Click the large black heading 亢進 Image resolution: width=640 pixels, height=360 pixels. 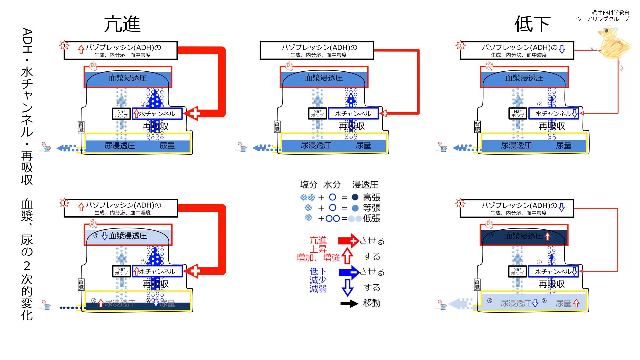click(122, 24)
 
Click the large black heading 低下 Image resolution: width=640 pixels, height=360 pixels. click(532, 24)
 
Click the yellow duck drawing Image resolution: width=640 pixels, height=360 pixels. click(613, 43)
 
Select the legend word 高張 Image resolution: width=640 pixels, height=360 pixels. click(371, 197)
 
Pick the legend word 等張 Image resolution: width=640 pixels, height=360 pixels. click(371, 208)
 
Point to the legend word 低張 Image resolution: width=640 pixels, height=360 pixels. click(371, 218)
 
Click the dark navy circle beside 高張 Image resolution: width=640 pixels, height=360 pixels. click(355, 197)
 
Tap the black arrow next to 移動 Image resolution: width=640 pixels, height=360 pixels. click(349, 303)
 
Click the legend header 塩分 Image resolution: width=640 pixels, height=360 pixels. click(308, 185)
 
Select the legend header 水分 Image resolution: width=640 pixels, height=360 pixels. click(332, 185)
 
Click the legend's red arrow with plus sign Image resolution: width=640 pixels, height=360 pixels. click(348, 241)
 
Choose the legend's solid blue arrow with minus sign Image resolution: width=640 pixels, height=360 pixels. click(348, 272)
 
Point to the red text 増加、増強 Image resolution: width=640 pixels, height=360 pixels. click(318, 258)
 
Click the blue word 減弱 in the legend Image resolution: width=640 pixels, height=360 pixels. click(318, 289)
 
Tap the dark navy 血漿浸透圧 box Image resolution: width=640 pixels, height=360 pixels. click(524, 236)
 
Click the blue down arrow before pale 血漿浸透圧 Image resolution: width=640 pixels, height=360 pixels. click(105, 236)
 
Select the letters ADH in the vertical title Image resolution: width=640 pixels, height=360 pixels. click(27, 41)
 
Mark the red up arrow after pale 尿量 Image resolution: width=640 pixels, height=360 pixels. click(576, 303)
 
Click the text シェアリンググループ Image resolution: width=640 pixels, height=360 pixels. click(603, 19)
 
